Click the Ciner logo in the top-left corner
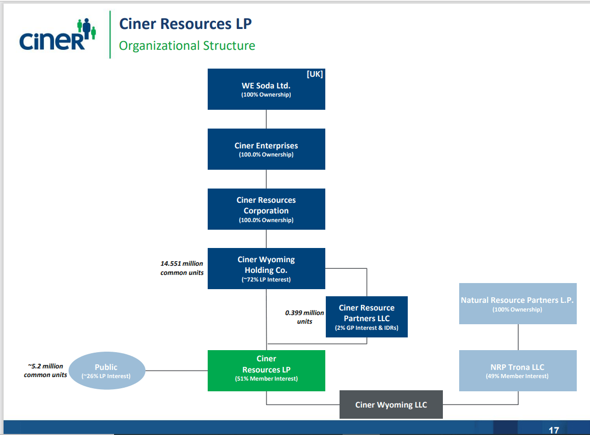[57, 35]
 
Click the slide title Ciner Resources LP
[185, 24]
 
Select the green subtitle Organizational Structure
[187, 46]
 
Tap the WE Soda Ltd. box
[266, 89]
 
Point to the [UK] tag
[315, 74]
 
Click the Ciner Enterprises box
[266, 149]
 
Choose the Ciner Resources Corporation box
[266, 209]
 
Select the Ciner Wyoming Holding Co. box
[266, 268]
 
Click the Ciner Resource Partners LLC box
[367, 317]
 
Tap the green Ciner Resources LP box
[266, 370]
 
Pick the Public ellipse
[106, 370]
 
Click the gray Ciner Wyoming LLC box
[391, 405]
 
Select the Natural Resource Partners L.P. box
[517, 303]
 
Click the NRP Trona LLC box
[517, 370]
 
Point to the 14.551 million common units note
[182, 268]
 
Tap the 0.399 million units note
[304, 317]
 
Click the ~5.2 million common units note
[45, 370]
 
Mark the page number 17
[554, 430]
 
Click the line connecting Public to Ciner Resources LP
[176, 370]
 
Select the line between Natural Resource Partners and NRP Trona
[518, 337]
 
